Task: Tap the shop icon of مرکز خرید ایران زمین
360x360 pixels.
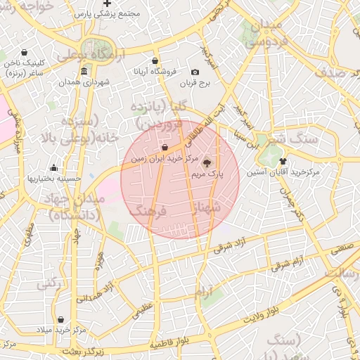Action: pyautogui.click(x=165, y=148)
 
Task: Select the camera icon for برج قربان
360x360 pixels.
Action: pyautogui.click(x=195, y=72)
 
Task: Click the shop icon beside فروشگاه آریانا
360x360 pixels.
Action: pyautogui.click(x=155, y=61)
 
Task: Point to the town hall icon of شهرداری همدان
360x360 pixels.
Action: pyautogui.click(x=84, y=71)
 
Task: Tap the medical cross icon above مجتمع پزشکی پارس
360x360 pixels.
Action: pyautogui.click(x=107, y=4)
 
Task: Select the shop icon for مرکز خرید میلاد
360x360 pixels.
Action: pyautogui.click(x=61, y=319)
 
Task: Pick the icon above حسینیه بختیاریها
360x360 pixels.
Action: pyautogui.click(x=54, y=167)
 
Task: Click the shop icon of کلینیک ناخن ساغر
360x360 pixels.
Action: pyautogui.click(x=25, y=52)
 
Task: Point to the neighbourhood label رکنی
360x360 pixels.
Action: pyautogui.click(x=47, y=284)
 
